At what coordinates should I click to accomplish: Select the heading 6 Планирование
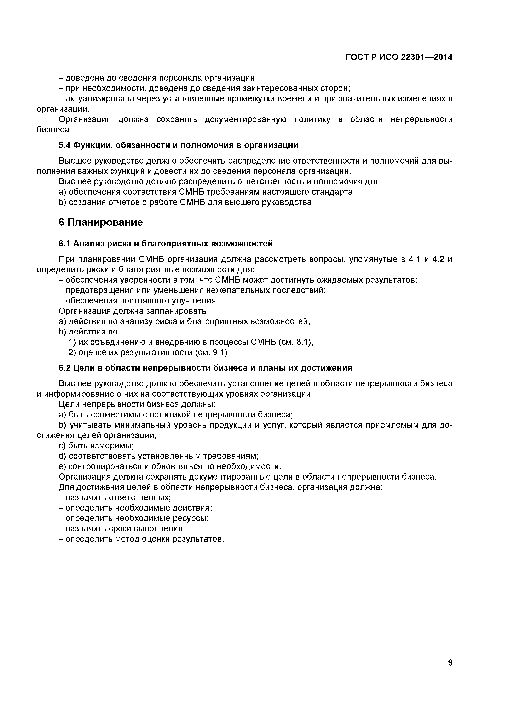pos(101,222)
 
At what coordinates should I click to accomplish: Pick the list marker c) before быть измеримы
pos(62,446)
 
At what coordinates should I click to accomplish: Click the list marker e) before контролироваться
pos(62,467)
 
